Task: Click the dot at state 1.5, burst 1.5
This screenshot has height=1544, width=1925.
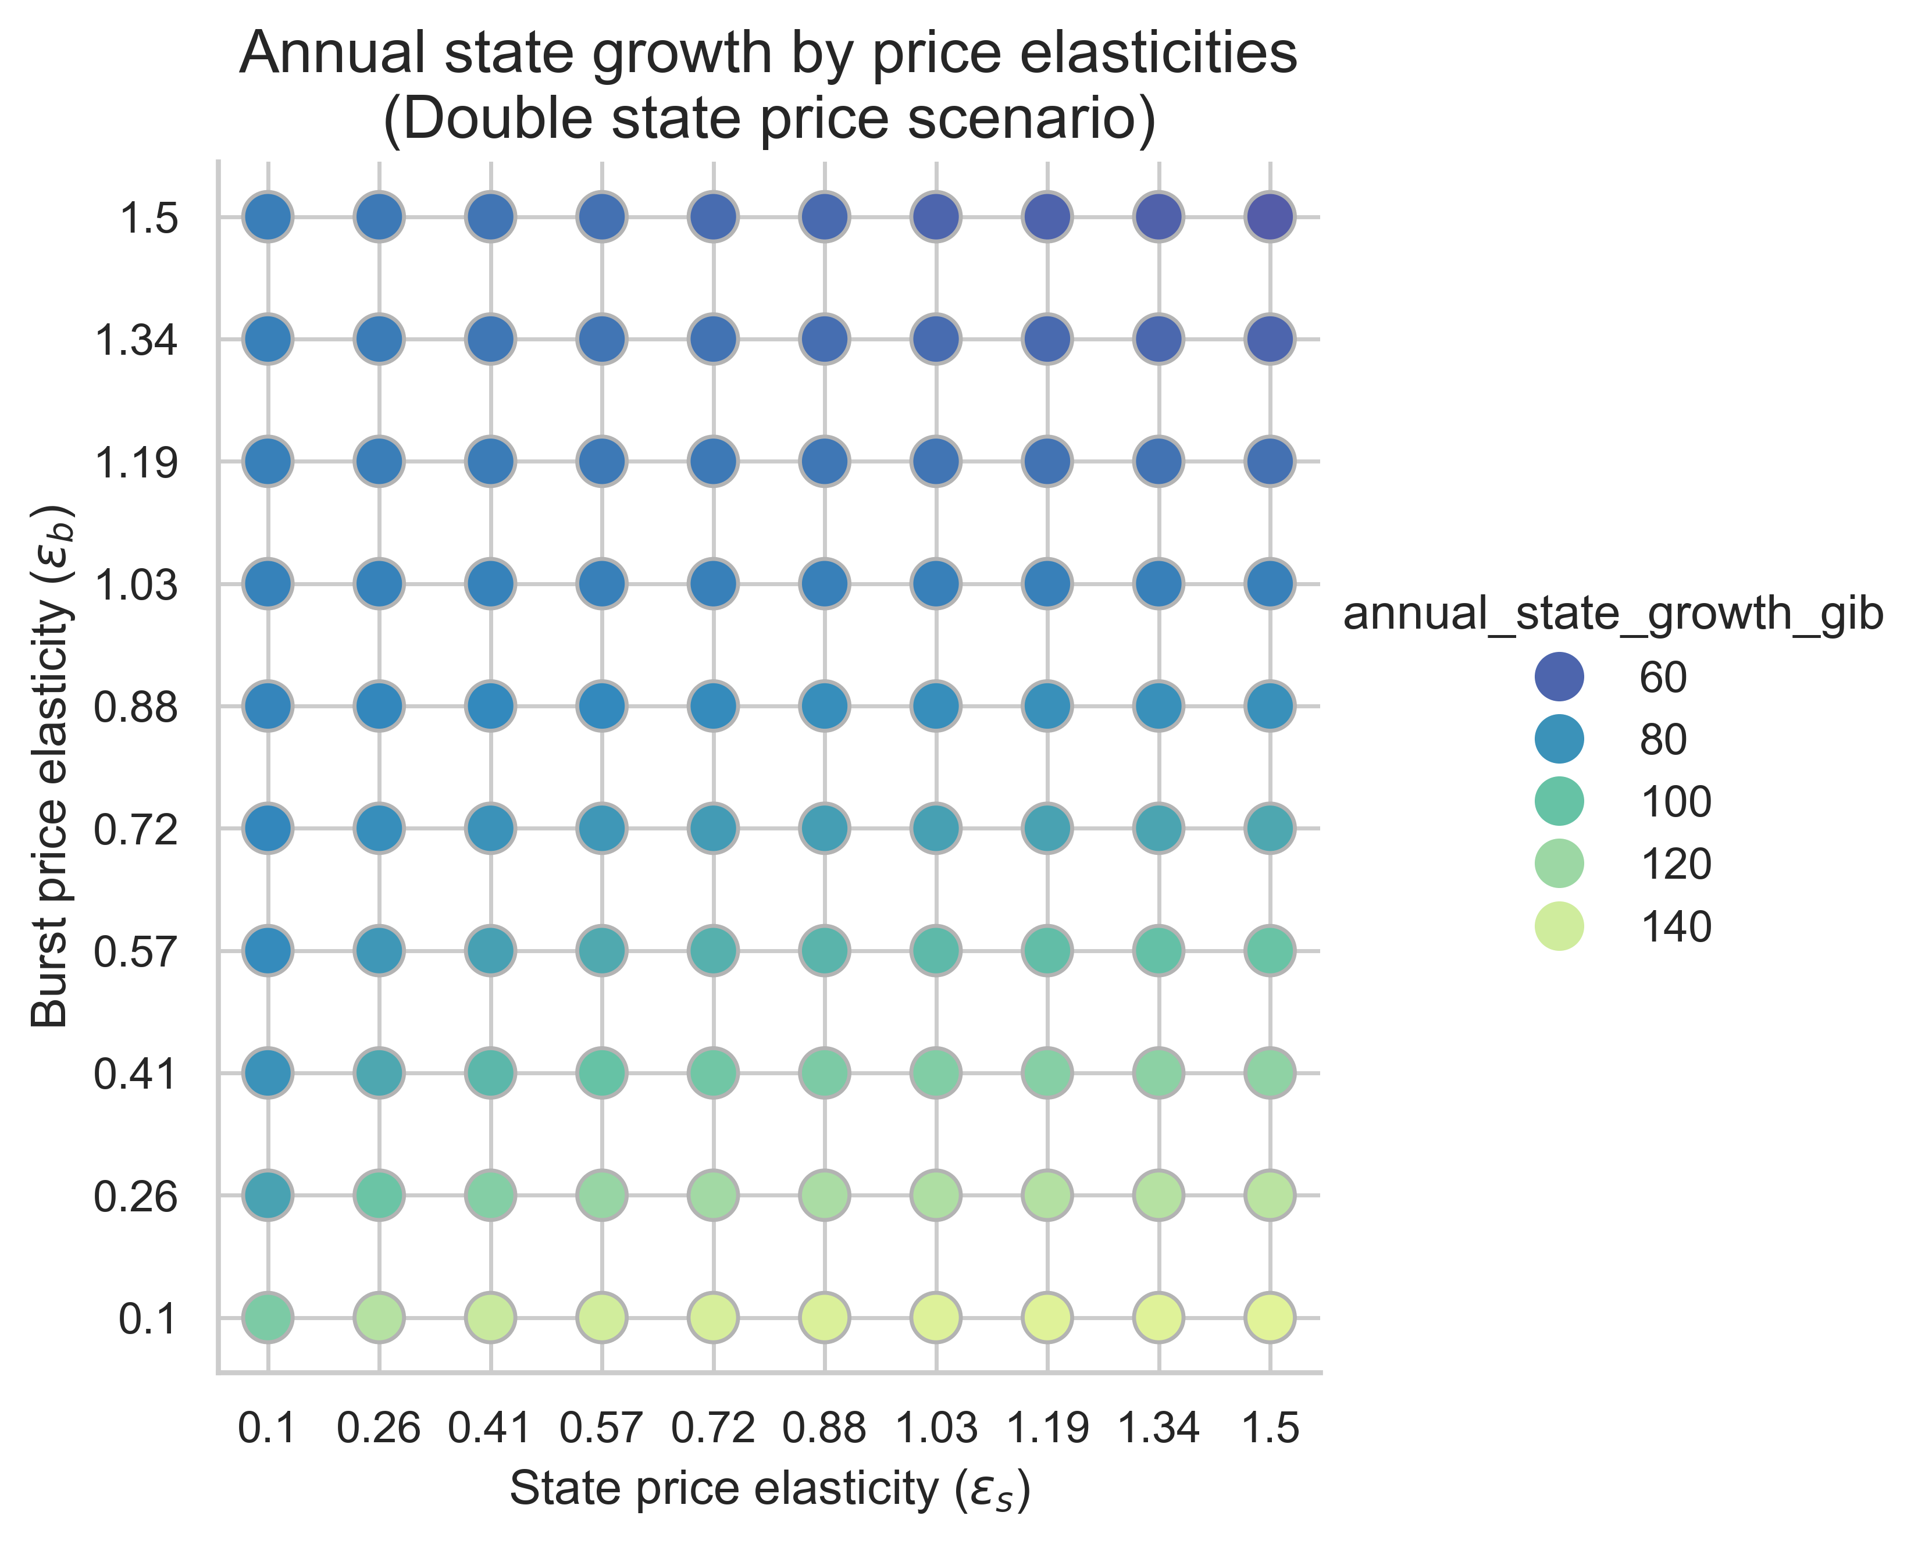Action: pyautogui.click(x=1270, y=217)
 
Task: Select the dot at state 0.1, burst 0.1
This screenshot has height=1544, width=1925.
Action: pyautogui.click(x=268, y=1317)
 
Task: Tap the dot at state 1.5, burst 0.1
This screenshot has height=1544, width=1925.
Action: pyautogui.click(x=1270, y=1317)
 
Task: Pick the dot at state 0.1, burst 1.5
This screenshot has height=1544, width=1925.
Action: pyautogui.click(x=268, y=217)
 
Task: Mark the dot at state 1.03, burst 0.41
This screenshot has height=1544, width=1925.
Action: pyautogui.click(x=936, y=1072)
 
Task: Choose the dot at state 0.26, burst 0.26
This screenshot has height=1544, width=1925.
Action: pyautogui.click(x=379, y=1195)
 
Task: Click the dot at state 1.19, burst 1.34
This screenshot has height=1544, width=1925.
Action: pyautogui.click(x=1047, y=340)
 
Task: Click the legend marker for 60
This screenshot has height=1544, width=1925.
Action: pyautogui.click(x=1559, y=677)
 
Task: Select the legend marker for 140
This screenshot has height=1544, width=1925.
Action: pyautogui.click(x=1559, y=927)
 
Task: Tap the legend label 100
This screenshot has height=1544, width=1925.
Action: pyautogui.click(x=1675, y=802)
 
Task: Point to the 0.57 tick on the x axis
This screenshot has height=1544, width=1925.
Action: pyautogui.click(x=602, y=1429)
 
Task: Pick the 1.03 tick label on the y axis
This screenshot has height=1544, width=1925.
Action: pyautogui.click(x=136, y=585)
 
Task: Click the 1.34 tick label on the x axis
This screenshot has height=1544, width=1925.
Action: pyautogui.click(x=1159, y=1429)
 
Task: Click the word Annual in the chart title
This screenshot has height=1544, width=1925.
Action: pyautogui.click(x=344, y=54)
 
